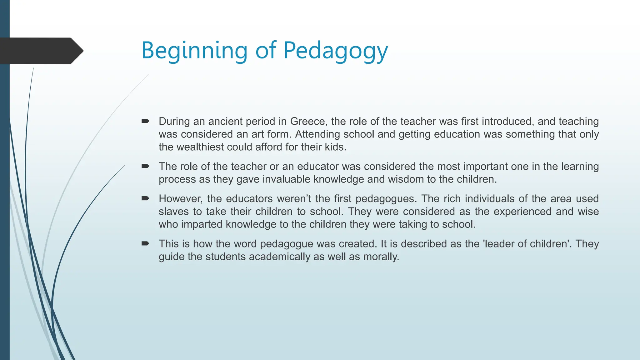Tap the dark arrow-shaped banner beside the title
[x=41, y=51]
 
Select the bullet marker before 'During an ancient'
[x=145, y=121]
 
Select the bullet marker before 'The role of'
[x=145, y=166]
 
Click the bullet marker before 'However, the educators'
[x=145, y=198]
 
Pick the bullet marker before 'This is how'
[x=145, y=243]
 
